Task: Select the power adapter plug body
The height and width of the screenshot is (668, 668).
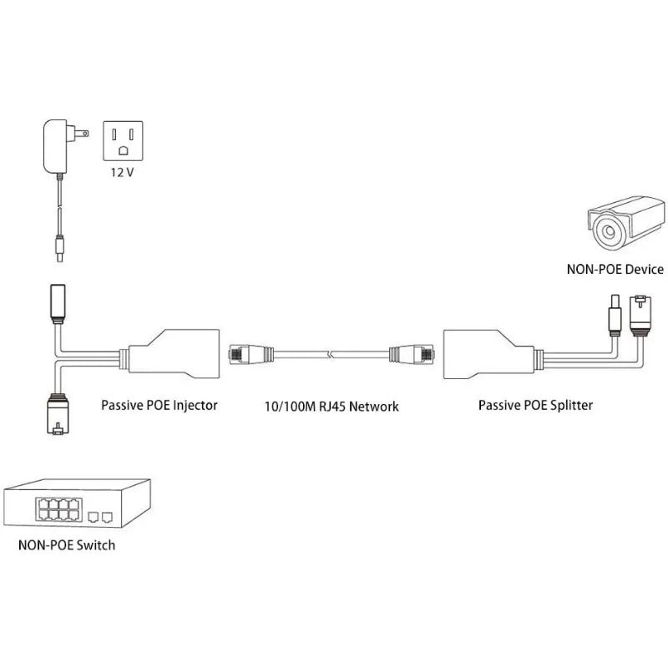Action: tap(57, 145)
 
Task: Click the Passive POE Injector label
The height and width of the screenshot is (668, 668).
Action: tap(159, 405)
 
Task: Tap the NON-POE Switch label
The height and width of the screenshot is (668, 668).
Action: tap(67, 545)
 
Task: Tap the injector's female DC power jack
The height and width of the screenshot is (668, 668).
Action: tap(58, 303)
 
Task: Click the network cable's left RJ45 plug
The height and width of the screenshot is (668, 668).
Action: tap(246, 356)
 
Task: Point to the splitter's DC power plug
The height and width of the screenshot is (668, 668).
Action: tap(612, 314)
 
